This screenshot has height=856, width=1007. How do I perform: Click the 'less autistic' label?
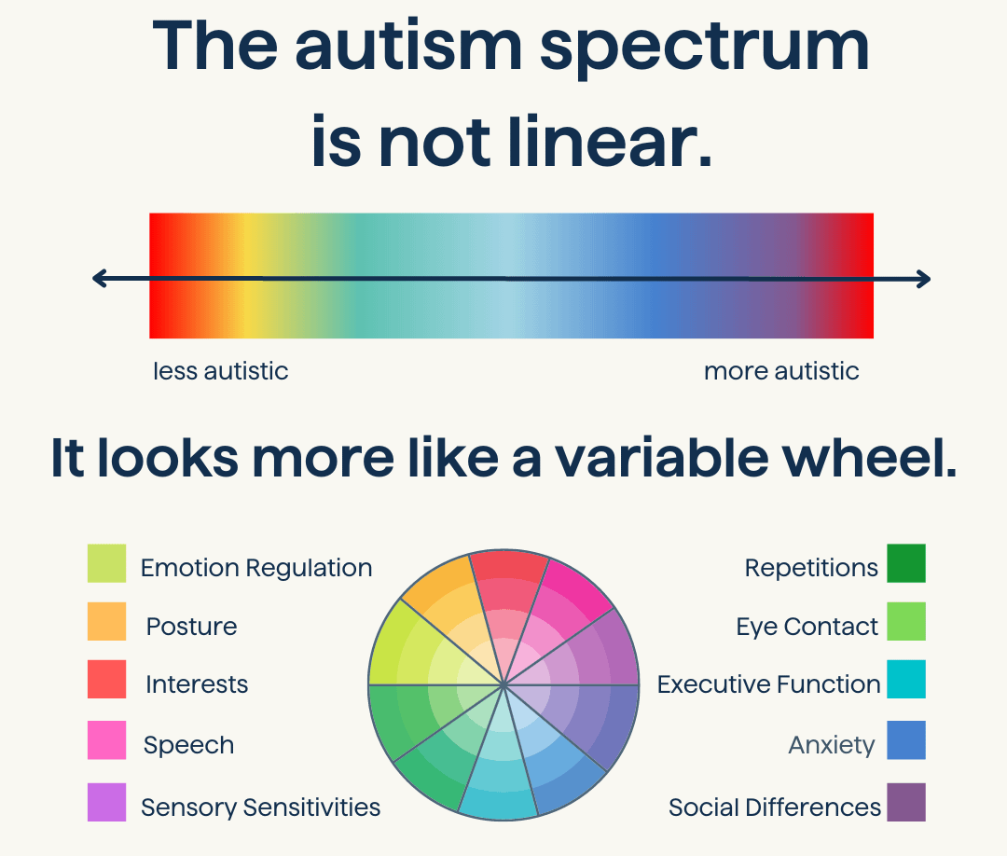coord(220,371)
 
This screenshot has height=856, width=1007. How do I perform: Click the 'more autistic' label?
coord(781,371)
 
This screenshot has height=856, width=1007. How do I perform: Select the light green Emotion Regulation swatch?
coord(106,563)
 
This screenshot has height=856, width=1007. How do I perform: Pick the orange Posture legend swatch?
coord(106,621)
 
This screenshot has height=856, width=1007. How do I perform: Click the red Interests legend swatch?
coord(106,679)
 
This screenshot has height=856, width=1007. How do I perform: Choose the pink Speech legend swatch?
coord(106,739)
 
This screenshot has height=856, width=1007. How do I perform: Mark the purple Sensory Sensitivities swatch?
coord(106,802)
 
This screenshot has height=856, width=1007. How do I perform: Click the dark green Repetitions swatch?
coord(906,563)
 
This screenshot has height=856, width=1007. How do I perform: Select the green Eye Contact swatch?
coord(906,621)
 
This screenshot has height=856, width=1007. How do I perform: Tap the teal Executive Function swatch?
coord(906,679)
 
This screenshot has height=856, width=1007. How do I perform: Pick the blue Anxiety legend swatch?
coord(906,739)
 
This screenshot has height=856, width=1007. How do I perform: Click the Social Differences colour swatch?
coord(906,802)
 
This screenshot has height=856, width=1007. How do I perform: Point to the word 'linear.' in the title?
coord(610,142)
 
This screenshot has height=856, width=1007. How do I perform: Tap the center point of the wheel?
coord(504,685)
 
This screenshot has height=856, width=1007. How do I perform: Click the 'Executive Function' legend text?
coord(768,683)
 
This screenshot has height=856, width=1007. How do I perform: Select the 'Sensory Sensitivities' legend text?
coord(261,808)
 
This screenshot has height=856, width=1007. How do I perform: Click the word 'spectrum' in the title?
coord(705,48)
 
